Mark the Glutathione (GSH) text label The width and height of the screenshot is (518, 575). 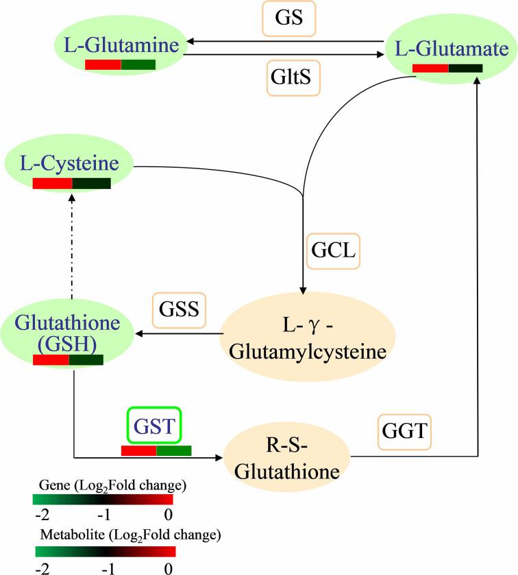coord(66,333)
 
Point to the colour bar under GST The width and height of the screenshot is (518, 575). coord(156,450)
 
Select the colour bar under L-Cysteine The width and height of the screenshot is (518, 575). coord(71,183)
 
